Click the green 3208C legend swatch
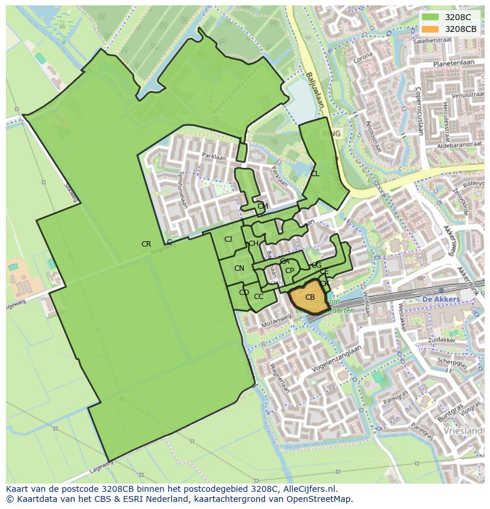430,18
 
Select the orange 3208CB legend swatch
430,29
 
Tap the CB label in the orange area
310,297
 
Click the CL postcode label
315,174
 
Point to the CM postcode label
263,206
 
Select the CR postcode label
146,244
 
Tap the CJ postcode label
228,239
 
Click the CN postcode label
239,268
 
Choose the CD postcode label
244,293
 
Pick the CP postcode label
289,271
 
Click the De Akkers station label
441,300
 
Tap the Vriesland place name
466,431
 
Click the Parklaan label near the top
210,157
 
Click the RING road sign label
331,134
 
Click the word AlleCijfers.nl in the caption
308,489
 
